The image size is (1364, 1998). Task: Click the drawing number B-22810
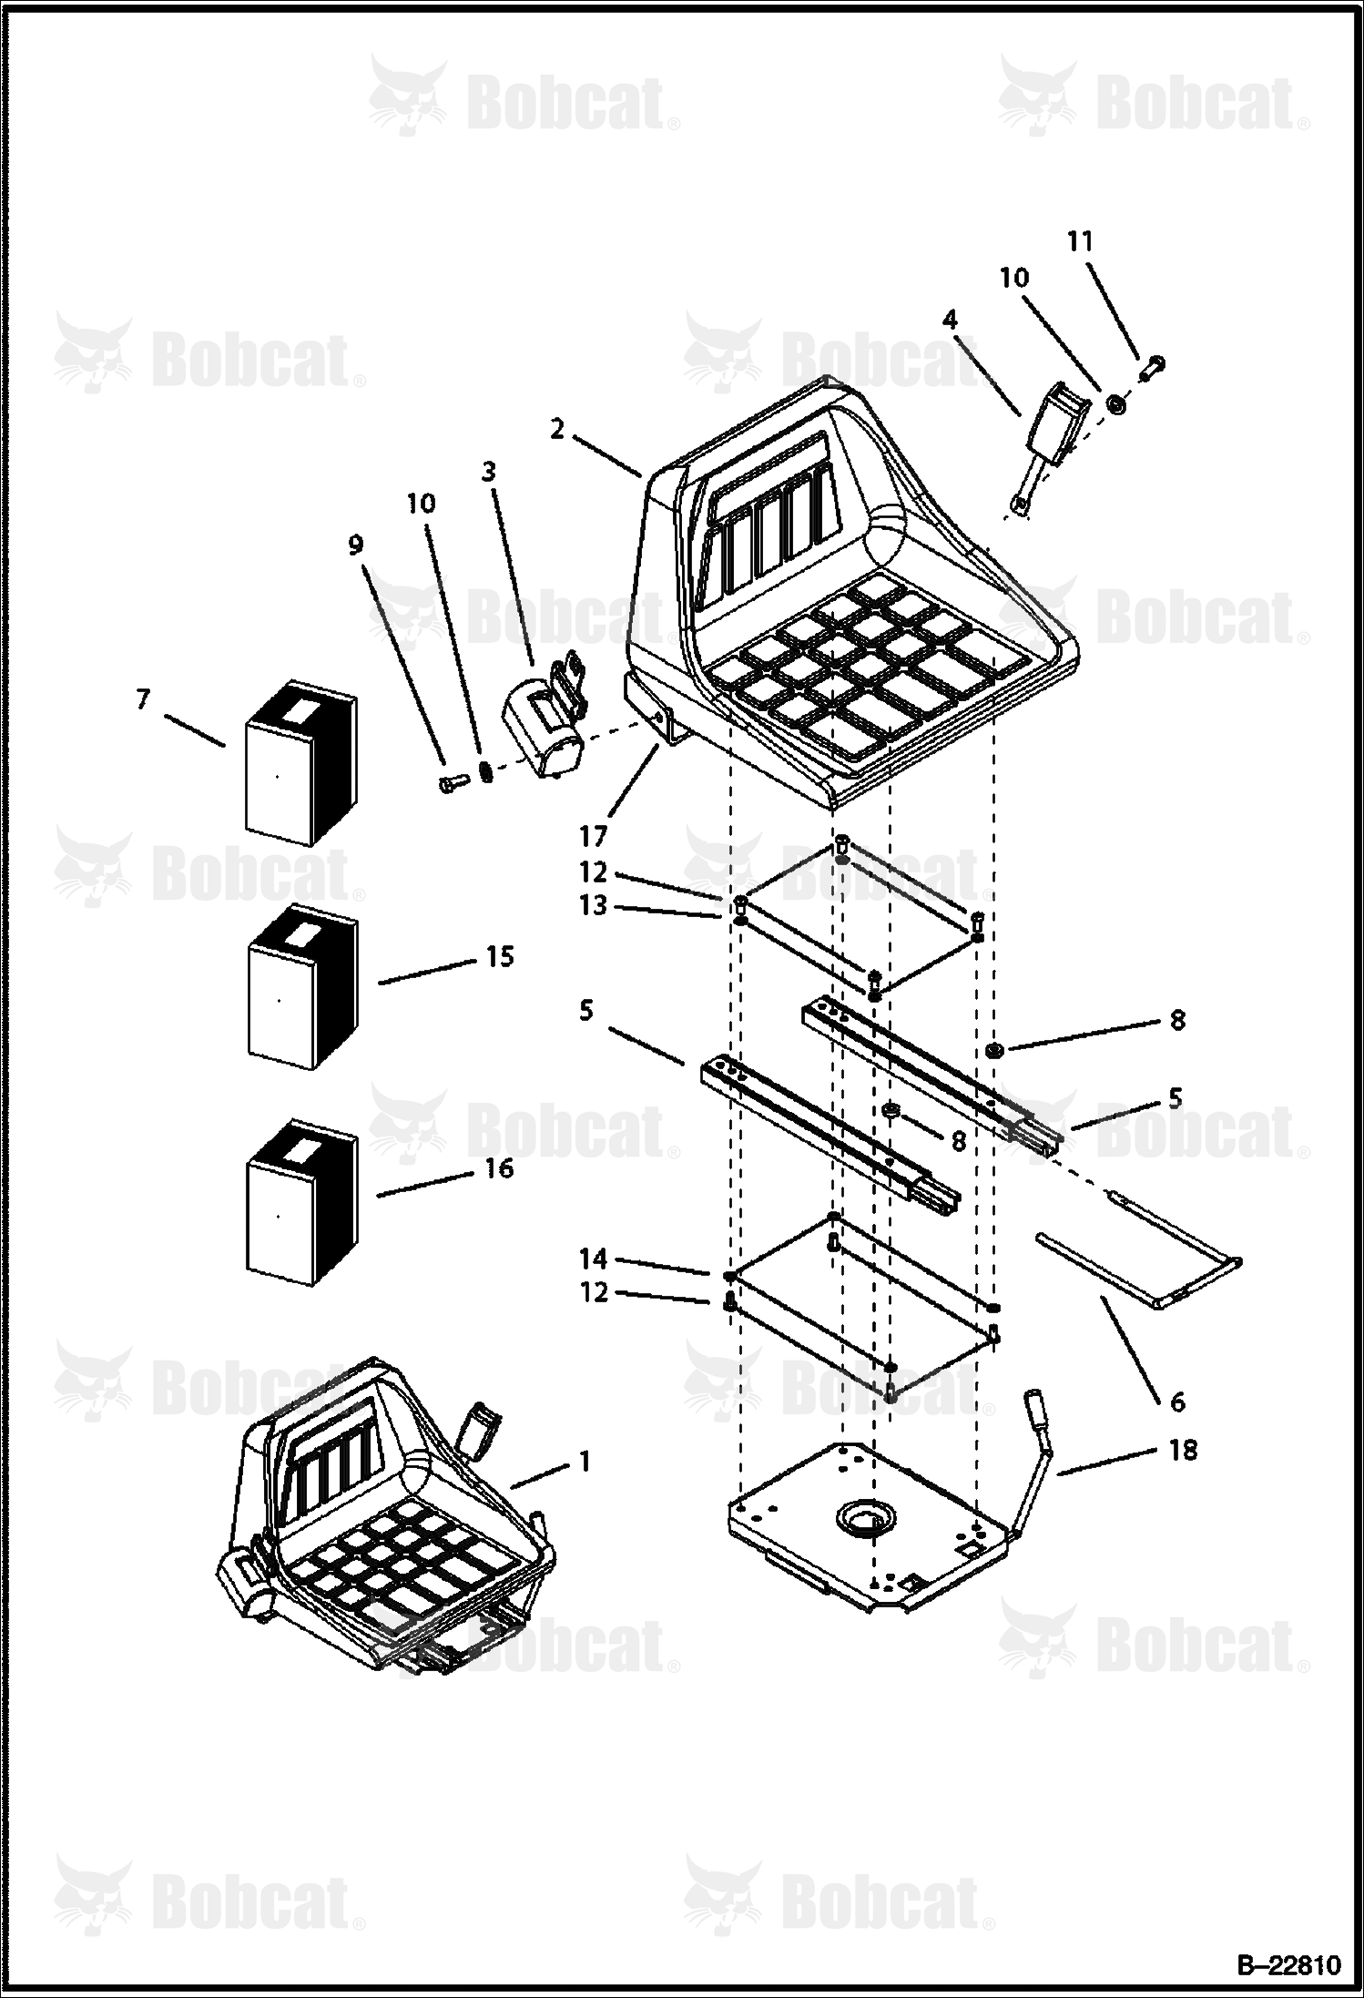pyautogui.click(x=1288, y=1965)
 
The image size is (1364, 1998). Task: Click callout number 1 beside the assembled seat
pyautogui.click(x=585, y=1462)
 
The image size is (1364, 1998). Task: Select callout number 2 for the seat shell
pyautogui.click(x=558, y=429)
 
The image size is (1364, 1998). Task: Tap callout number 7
pyautogui.click(x=143, y=699)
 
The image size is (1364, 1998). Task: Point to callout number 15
pyautogui.click(x=499, y=956)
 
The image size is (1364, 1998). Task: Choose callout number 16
pyautogui.click(x=499, y=1167)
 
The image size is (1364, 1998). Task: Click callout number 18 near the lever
pyautogui.click(x=1182, y=1450)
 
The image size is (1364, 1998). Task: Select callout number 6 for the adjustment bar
pyautogui.click(x=1177, y=1402)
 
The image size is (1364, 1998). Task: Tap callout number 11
pyautogui.click(x=1080, y=241)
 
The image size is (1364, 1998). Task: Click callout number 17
pyautogui.click(x=593, y=835)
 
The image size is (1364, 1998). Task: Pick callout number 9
pyautogui.click(x=355, y=545)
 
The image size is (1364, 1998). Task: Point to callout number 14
pyautogui.click(x=593, y=1259)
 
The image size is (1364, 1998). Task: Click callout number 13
pyautogui.click(x=593, y=907)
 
